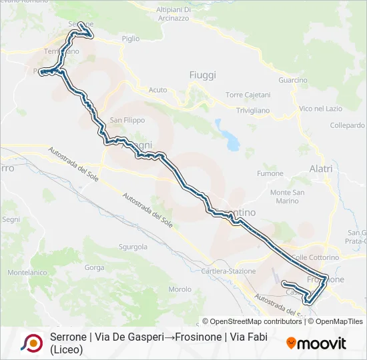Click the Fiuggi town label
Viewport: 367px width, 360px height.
[x=203, y=75]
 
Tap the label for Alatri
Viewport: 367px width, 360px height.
[x=321, y=169]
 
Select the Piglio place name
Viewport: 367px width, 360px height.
[x=131, y=39]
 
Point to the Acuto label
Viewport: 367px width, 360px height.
[x=158, y=89]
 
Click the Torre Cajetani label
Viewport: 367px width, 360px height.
[x=248, y=95]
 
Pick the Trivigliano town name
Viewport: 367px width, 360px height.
[x=253, y=110]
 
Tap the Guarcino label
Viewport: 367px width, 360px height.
[x=293, y=80]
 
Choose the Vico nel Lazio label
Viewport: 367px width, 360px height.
[x=320, y=108]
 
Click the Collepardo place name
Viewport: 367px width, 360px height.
[x=347, y=125]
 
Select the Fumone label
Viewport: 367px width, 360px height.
[x=271, y=173]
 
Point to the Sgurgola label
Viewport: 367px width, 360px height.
[x=133, y=247]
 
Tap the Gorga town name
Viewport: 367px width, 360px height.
[x=95, y=267]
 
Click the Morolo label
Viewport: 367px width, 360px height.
[x=180, y=289]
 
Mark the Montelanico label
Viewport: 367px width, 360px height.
[x=27, y=273]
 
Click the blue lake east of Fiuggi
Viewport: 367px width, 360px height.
[x=231, y=140]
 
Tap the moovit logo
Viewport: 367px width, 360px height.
[x=316, y=343]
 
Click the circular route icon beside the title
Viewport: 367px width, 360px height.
[x=31, y=343]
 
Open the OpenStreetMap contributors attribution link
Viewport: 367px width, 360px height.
[x=252, y=321]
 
